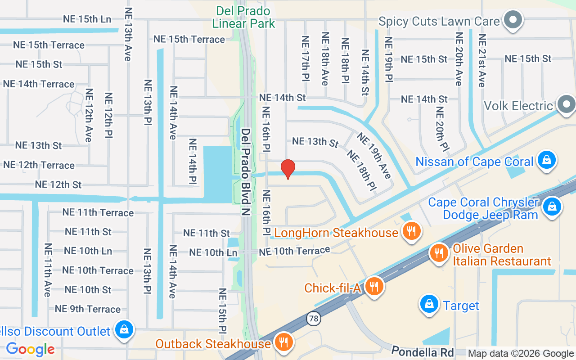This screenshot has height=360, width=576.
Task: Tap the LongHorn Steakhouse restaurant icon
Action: pyautogui.click(x=411, y=231)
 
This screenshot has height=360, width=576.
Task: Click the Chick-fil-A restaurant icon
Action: pyautogui.click(x=373, y=286)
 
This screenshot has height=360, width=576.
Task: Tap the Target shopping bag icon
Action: pyautogui.click(x=429, y=305)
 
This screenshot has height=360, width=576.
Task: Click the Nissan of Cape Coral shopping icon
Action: pyautogui.click(x=547, y=160)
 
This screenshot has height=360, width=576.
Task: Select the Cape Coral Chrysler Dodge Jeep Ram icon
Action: pyautogui.click(x=551, y=207)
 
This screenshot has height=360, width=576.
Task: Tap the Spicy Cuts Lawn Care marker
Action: pyautogui.click(x=513, y=20)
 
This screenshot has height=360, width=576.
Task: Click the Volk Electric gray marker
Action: pyautogui.click(x=566, y=104)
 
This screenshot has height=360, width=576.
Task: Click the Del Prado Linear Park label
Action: pyautogui.click(x=243, y=17)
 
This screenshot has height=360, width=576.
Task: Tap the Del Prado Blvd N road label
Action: pyautogui.click(x=246, y=172)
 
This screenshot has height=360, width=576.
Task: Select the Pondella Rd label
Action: pyautogui.click(x=422, y=351)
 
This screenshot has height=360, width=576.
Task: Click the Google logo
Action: pyautogui.click(x=30, y=349)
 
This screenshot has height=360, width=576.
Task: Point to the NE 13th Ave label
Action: pyautogui.click(x=128, y=34)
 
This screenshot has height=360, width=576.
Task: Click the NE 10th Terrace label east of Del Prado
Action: pyautogui.click(x=294, y=251)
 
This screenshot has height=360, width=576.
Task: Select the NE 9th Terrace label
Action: pyautogui.click(x=88, y=309)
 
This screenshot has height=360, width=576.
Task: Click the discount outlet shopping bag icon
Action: pyautogui.click(x=123, y=330)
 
